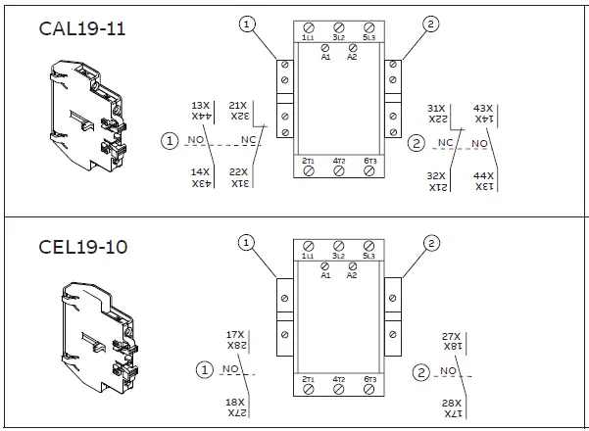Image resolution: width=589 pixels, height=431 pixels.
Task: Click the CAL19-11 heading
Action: [x=82, y=28]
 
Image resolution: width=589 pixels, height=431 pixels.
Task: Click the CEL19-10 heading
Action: [x=82, y=246]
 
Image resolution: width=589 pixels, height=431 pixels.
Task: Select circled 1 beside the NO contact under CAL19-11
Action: [x=172, y=142]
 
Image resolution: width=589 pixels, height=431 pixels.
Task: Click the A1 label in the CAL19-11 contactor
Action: [x=325, y=57]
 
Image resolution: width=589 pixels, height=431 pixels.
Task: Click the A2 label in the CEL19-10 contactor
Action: [x=352, y=275]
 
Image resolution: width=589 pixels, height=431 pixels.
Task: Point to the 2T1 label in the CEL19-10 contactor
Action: [x=308, y=379]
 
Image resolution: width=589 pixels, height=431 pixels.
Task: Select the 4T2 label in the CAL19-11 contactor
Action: [x=338, y=161]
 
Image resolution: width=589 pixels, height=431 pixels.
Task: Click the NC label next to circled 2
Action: [x=445, y=143]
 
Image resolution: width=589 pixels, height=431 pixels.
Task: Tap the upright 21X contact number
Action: [x=237, y=105]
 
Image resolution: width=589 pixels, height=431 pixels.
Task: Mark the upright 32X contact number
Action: [x=437, y=175]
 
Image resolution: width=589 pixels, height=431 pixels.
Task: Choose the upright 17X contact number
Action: [x=235, y=334]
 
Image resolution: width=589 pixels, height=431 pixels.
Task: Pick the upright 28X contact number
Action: [x=451, y=404]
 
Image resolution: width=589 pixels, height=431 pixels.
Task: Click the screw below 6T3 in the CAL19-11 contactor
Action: [x=368, y=171]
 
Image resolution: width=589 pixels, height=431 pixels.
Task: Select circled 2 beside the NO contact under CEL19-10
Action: [x=421, y=371]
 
